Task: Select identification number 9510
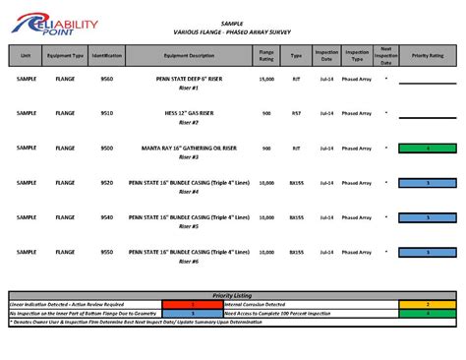(106, 113)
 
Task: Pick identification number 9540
(106, 216)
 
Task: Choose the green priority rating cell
(429, 148)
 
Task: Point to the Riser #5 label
(190, 226)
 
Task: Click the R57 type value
(296, 113)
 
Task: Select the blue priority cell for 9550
(429, 251)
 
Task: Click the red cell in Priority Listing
(193, 304)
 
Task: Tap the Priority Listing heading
(232, 295)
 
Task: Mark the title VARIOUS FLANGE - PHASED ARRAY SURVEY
(232, 30)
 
